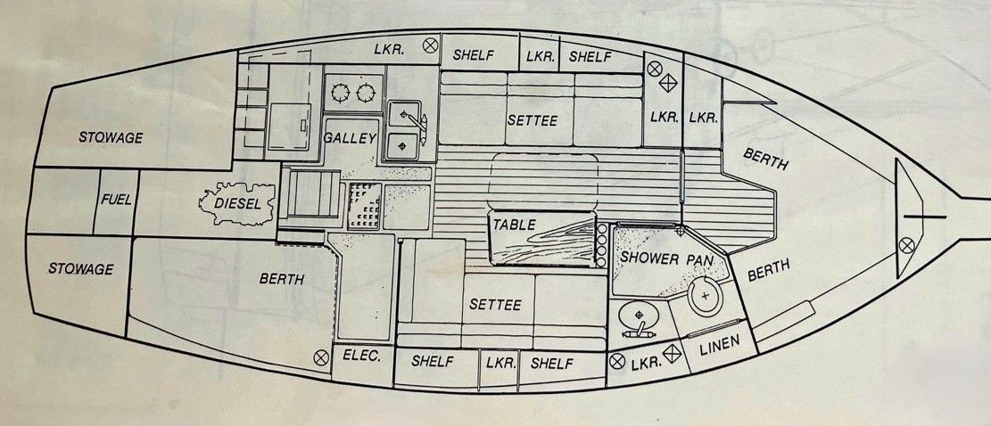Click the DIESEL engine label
tap(236, 202)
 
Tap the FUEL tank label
tap(116, 200)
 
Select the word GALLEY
tap(350, 139)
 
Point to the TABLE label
tap(515, 224)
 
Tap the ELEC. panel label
tap(362, 356)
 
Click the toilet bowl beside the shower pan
tap(706, 297)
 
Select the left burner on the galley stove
tap(341, 94)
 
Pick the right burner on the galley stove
tap(366, 94)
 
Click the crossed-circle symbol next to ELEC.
tap(321, 358)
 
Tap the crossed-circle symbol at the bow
tap(907, 245)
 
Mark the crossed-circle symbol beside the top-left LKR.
tap(431, 45)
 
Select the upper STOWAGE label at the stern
tap(111, 137)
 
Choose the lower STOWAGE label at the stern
tap(81, 269)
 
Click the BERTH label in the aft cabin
tap(282, 279)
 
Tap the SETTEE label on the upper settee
tap(533, 120)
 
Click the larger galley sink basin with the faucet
tap(404, 115)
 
